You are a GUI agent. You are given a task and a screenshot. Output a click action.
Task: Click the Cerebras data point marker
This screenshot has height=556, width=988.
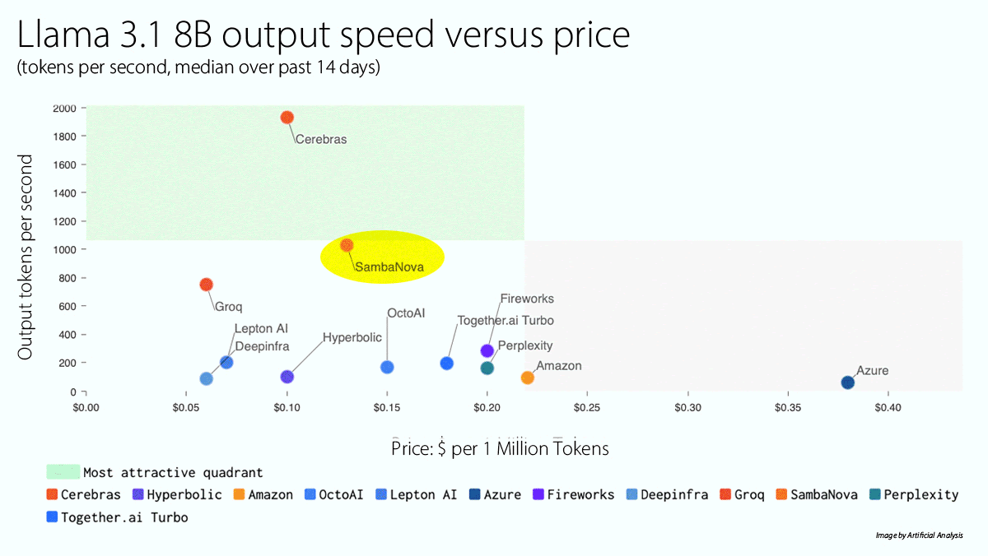tap(287, 118)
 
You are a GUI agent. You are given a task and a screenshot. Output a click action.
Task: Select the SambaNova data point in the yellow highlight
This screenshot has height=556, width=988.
tap(347, 245)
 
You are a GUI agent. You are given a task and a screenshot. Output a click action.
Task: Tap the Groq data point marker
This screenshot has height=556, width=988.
tap(207, 285)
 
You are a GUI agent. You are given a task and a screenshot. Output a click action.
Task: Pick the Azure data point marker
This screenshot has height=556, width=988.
tap(848, 382)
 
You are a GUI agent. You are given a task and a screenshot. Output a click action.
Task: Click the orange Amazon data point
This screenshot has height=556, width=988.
tap(528, 378)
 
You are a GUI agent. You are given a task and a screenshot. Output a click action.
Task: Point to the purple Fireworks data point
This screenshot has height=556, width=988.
tap(487, 351)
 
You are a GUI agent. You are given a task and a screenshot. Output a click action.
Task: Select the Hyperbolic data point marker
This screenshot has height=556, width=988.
tap(287, 377)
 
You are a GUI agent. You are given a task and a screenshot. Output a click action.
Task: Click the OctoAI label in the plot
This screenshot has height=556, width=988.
tap(407, 313)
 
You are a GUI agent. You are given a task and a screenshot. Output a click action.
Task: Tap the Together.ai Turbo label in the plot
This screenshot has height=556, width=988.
tap(506, 321)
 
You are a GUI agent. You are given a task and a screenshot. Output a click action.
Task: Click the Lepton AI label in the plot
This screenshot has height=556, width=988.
tap(261, 329)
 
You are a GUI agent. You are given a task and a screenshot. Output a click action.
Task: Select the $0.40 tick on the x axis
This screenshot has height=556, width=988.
tap(887, 407)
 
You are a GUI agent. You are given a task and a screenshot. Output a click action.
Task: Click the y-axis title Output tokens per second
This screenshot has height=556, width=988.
tap(26, 257)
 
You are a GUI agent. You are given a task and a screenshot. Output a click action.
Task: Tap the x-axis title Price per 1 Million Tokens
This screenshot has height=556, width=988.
tap(500, 448)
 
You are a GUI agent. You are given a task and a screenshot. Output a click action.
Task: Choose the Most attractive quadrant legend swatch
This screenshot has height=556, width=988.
tap(63, 472)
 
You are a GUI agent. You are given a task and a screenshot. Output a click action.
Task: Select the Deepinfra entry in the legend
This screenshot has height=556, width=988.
tap(667, 494)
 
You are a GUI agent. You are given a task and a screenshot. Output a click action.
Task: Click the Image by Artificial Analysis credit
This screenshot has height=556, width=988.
tap(919, 535)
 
